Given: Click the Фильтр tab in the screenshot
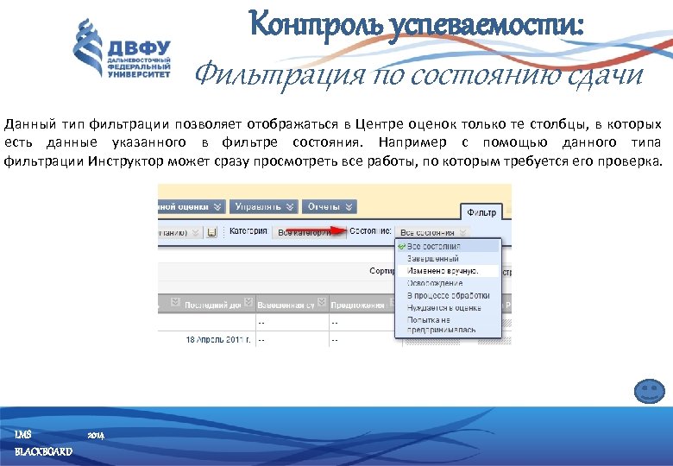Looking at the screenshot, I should pos(481,211).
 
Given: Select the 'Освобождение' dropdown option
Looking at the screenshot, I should pos(434,283).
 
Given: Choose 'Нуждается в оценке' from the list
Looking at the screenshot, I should pos(443,307).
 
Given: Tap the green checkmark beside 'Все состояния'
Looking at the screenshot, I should pos(401,246).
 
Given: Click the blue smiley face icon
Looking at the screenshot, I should pos(649,393).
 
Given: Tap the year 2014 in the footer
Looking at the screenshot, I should pos(96,434).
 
